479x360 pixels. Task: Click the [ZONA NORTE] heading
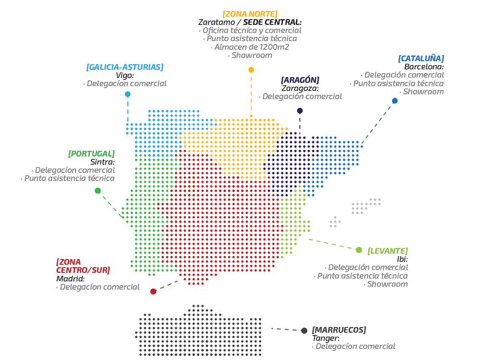tap(250, 14)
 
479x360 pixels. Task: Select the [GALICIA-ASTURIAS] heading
tap(125, 67)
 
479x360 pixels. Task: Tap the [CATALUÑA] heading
tap(421, 58)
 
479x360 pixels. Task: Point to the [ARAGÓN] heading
tap(300, 80)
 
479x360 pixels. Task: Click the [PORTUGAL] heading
tap(91, 154)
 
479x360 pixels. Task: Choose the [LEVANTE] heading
tap(388, 251)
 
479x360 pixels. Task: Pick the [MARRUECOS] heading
tap(339, 330)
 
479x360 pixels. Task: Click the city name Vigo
tap(125, 75)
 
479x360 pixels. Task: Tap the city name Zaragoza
tap(300, 88)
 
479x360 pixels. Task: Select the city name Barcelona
tap(424, 67)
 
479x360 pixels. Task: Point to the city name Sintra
tap(103, 162)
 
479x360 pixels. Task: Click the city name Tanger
tap(326, 338)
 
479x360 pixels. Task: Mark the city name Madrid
tap(70, 279)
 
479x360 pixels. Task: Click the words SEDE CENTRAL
tap(273, 22)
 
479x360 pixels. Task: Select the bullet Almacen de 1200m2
tap(251, 47)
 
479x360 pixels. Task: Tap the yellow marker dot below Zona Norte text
tap(251, 70)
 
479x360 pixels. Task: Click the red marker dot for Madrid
tap(153, 292)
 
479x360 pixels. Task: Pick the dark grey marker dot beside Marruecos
tap(304, 331)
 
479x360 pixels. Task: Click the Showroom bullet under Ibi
tap(387, 284)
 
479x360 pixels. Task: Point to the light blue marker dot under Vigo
tap(127, 94)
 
